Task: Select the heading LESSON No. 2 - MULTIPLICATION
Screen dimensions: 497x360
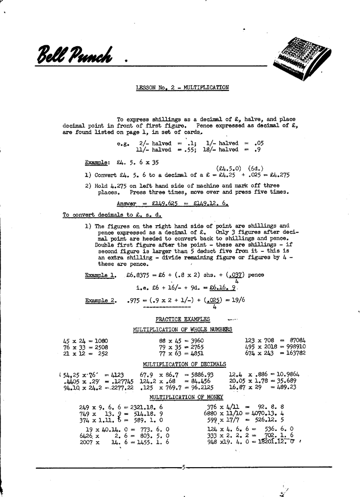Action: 182,87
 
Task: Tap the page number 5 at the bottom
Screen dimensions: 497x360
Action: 184,467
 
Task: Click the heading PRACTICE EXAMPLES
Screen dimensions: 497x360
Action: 182,319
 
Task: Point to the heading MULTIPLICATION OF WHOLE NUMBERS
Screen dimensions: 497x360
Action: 182,330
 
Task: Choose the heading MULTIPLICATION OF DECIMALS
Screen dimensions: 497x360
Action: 184,364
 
